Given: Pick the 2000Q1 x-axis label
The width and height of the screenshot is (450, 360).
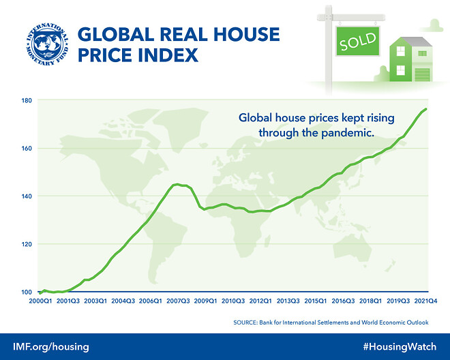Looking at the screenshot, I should pos(41,300).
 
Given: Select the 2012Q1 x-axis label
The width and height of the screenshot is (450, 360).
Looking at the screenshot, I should pos(261,300).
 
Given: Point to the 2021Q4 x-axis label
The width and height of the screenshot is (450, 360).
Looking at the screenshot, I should pos(426,300).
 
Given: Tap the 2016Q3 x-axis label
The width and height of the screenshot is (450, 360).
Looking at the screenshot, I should pos(344,300).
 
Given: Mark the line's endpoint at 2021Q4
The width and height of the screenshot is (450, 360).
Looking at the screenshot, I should pos(426,109).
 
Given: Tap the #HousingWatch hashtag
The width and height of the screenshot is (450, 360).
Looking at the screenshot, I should pos(400,347).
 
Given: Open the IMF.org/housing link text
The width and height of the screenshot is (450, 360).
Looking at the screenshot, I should pos(50,347).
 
